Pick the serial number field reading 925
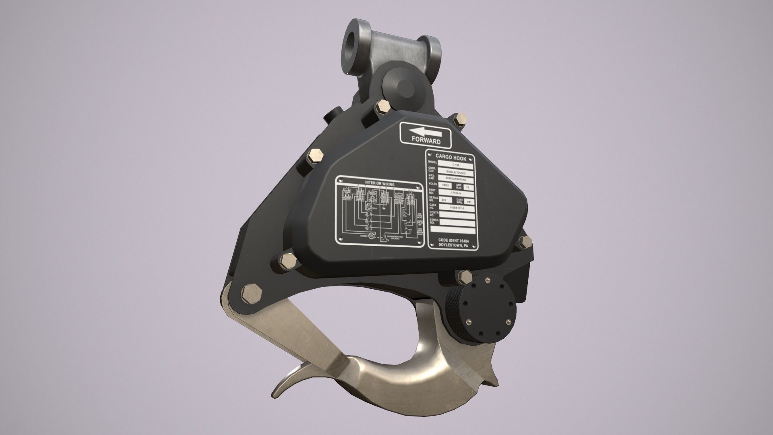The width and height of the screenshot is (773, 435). (x=444, y=200)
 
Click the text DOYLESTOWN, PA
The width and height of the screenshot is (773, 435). (x=453, y=245)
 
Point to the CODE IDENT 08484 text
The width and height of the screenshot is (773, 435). (x=454, y=240)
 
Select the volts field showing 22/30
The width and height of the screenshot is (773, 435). (x=445, y=184)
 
